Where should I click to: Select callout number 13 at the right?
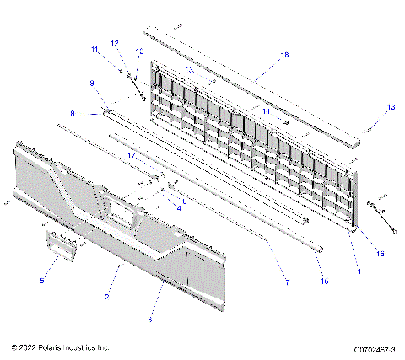point(391,107)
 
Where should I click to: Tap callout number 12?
point(115,42)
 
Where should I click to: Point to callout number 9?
point(91,83)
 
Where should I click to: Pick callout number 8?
point(73,112)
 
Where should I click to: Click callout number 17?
point(132,156)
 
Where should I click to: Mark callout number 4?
point(178,208)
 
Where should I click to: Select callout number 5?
point(42,280)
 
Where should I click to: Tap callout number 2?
point(107,297)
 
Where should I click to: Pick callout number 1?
point(359,271)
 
